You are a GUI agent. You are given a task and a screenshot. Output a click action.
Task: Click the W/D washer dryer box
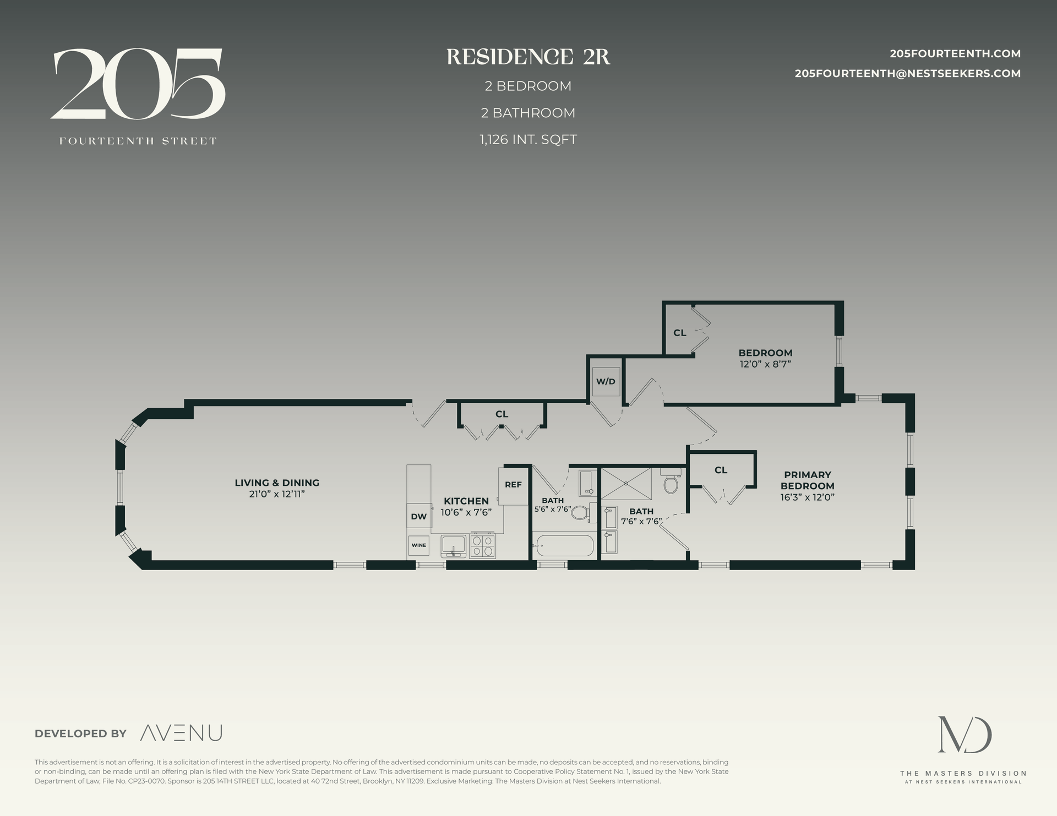coord(606,381)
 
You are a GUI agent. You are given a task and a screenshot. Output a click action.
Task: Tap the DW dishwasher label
coord(418,517)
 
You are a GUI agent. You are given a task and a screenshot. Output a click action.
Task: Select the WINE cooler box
coord(418,545)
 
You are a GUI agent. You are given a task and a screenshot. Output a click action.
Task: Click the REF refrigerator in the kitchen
coord(513,485)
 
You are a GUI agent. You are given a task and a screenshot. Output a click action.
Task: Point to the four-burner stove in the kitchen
coord(483,546)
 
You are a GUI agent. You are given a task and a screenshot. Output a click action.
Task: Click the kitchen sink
coord(453,545)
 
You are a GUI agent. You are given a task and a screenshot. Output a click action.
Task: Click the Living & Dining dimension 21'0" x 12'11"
coord(276,494)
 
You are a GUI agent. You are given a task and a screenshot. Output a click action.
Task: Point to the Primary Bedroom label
coord(807,480)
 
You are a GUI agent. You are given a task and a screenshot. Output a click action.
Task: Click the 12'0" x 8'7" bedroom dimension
coord(765,364)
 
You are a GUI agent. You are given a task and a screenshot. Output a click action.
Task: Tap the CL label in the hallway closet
coord(502,414)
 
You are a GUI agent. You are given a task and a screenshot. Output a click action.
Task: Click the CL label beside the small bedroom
coord(680,333)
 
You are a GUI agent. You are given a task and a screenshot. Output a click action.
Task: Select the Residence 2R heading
coord(528,57)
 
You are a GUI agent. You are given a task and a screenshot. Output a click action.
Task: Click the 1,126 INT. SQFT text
coord(528,140)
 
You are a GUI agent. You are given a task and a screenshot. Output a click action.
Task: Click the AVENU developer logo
coord(181,733)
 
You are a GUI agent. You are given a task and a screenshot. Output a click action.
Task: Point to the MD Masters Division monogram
coord(965,735)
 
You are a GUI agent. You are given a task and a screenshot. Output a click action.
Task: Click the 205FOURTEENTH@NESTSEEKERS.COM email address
coord(907,74)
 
